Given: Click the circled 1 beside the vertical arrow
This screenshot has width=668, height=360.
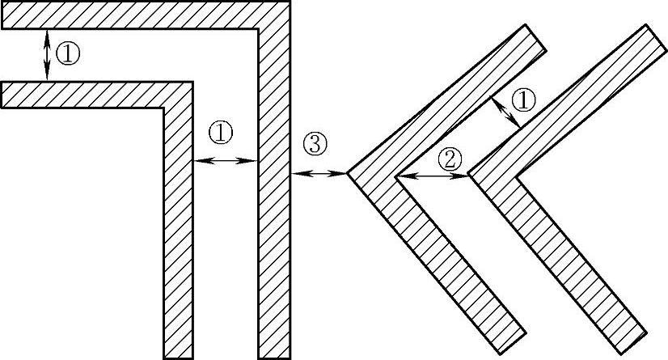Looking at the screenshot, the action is tap(70, 54).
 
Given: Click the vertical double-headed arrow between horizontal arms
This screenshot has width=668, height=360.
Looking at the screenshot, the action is tap(47, 54).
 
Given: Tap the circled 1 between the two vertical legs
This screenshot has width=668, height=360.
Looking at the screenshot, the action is tap(220, 132).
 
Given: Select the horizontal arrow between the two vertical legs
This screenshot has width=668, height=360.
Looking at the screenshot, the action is tap(225, 161).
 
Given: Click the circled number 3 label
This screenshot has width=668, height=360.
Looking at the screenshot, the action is tap(315, 144).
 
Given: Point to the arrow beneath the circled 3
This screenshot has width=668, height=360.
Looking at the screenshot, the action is tap(319, 173).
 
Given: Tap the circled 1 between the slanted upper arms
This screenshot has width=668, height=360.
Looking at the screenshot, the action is tap(525, 100).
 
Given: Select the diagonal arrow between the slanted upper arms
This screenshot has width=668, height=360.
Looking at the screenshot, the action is tap(506, 111).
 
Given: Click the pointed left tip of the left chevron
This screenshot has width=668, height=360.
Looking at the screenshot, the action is tap(348, 172).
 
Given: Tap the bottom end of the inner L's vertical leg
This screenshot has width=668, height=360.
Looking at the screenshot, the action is tap(178, 356).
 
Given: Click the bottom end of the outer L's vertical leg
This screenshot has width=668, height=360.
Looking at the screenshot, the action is tap(273, 356).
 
